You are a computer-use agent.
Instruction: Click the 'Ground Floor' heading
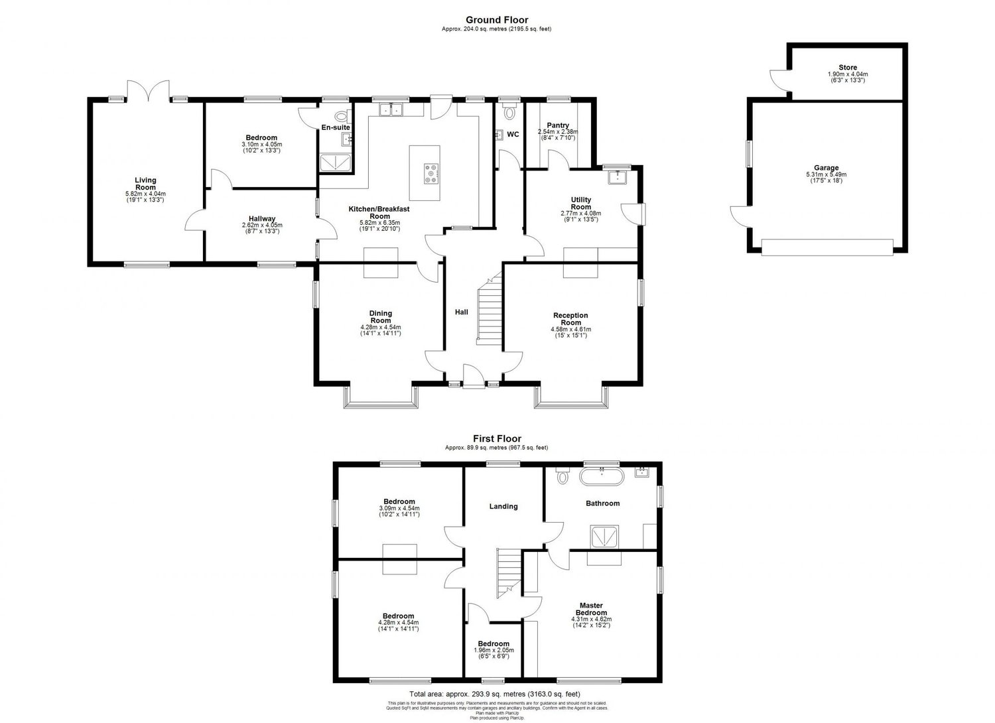[497, 20]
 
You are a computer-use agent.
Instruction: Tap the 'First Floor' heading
[497, 438]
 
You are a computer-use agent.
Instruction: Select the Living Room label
[145, 184]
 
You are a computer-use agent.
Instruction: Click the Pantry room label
[558, 125]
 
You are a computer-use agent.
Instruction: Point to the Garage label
[827, 168]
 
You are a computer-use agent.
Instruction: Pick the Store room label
[847, 68]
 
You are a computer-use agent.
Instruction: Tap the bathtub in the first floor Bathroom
[602, 476]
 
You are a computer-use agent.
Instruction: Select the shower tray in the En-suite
[336, 162]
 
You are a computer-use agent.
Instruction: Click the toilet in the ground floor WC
[509, 113]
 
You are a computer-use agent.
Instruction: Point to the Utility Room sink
[618, 176]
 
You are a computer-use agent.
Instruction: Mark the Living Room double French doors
[149, 90]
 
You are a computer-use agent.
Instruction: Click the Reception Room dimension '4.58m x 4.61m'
[570, 329]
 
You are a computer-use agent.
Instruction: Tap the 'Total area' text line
[497, 695]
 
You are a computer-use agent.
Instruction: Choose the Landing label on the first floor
[503, 507]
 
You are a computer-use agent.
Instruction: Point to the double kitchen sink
[391, 109]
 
